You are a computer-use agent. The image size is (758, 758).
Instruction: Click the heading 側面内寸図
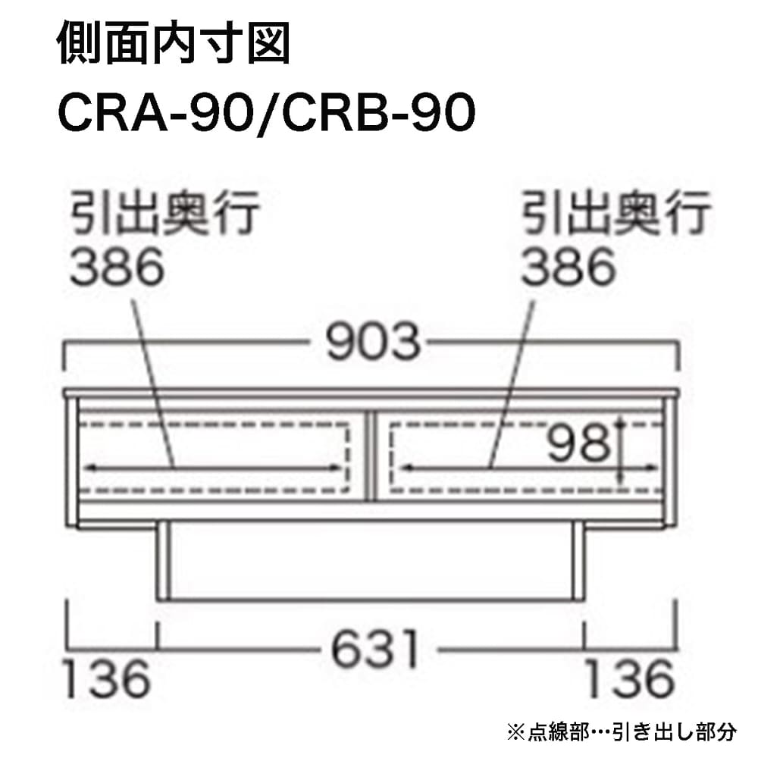174,43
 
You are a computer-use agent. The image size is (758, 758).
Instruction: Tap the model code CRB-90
378,113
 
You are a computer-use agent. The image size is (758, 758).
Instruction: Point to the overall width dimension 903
373,341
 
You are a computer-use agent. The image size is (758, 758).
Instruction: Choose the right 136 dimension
630,678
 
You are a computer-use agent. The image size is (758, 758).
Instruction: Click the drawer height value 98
578,443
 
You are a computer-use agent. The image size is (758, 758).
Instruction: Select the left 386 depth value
117,266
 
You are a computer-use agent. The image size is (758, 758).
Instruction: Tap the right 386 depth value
568,266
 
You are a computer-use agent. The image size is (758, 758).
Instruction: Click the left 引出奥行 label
164,213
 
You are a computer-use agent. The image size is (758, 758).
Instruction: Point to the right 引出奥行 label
615,213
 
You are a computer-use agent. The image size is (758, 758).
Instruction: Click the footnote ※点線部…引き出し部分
622,732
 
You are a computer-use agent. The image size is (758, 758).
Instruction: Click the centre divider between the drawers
370,456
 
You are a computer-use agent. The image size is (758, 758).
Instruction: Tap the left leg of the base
162,561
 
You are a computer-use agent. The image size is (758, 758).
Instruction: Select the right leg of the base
578,561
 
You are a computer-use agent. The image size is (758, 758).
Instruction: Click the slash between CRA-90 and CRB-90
268,114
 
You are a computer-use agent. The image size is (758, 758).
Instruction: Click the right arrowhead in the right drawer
651,468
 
